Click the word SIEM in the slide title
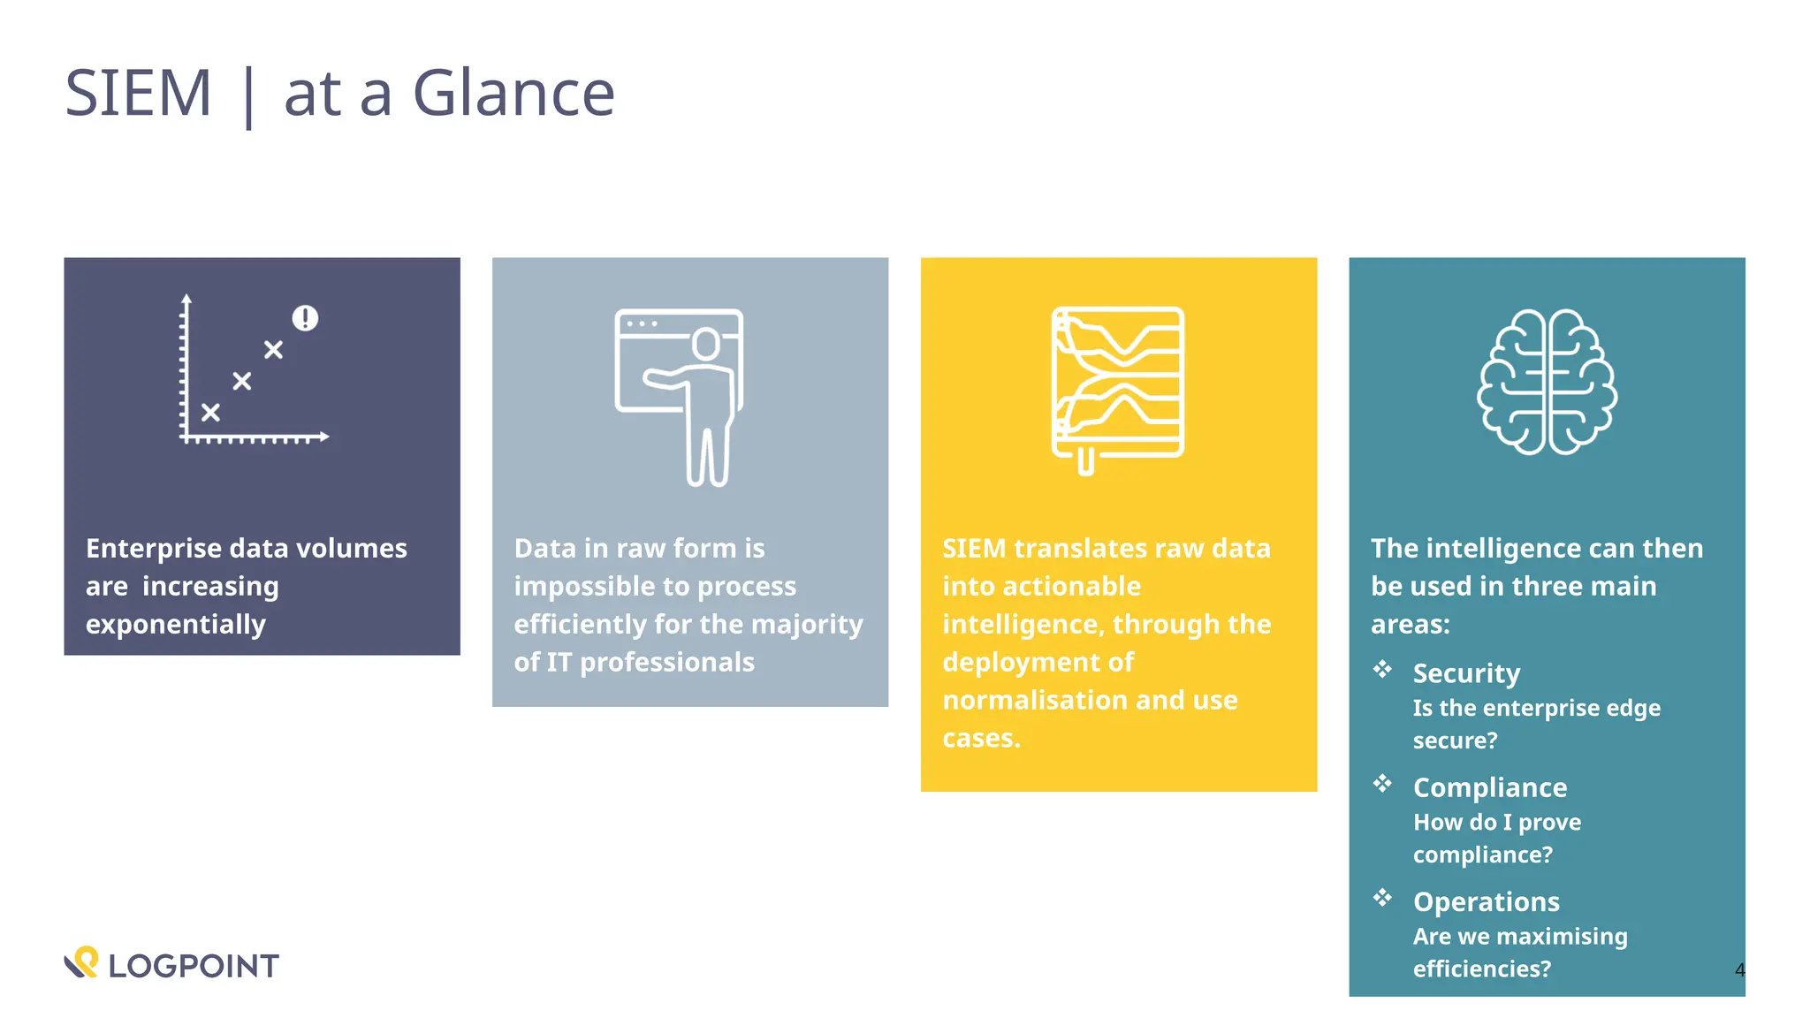tap(138, 93)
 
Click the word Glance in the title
tap(513, 93)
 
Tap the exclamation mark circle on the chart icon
tap(305, 318)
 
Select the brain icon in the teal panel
tap(1547, 382)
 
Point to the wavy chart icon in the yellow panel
tap(1118, 384)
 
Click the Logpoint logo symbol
tap(81, 962)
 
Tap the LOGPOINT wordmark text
tap(194, 966)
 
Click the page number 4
tap(1739, 969)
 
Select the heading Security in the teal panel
tap(1466, 673)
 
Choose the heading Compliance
tap(1489, 787)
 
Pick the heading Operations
tap(1486, 901)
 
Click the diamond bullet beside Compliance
tap(1382, 783)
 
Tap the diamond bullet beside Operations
tap(1382, 898)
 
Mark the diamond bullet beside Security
tap(1382, 669)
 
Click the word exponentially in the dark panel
tap(176, 625)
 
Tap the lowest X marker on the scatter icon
tap(210, 412)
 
